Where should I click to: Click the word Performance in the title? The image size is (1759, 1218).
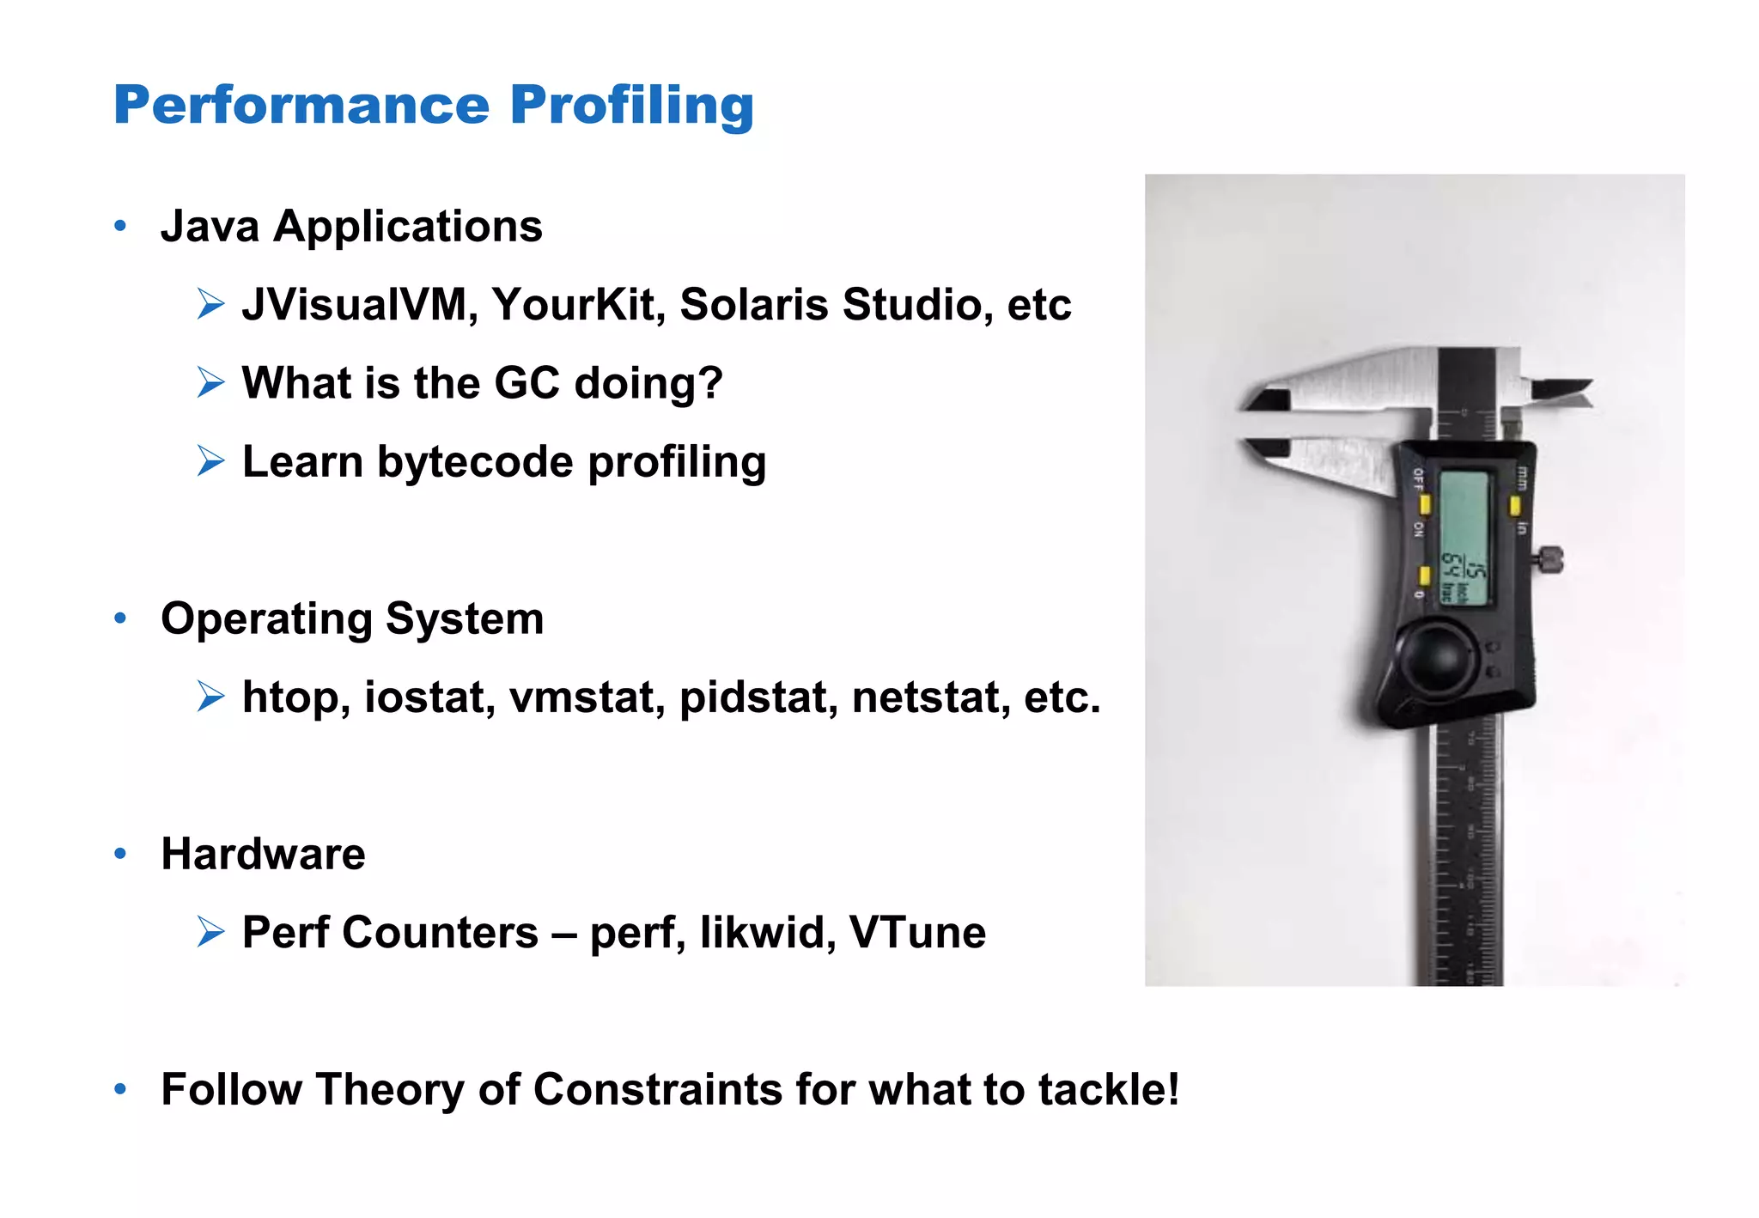[301, 106]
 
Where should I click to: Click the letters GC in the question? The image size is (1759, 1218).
[526, 383]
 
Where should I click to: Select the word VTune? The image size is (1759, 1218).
[916, 933]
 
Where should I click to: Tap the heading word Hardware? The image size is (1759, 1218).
[263, 855]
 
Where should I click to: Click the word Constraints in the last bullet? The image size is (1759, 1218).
[657, 1090]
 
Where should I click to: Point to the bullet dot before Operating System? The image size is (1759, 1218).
[120, 618]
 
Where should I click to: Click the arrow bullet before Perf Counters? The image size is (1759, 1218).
[210, 932]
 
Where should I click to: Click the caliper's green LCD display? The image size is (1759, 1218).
[1464, 537]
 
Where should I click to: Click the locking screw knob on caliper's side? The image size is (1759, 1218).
[1551, 561]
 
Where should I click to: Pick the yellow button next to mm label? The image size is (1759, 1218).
[1515, 506]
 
